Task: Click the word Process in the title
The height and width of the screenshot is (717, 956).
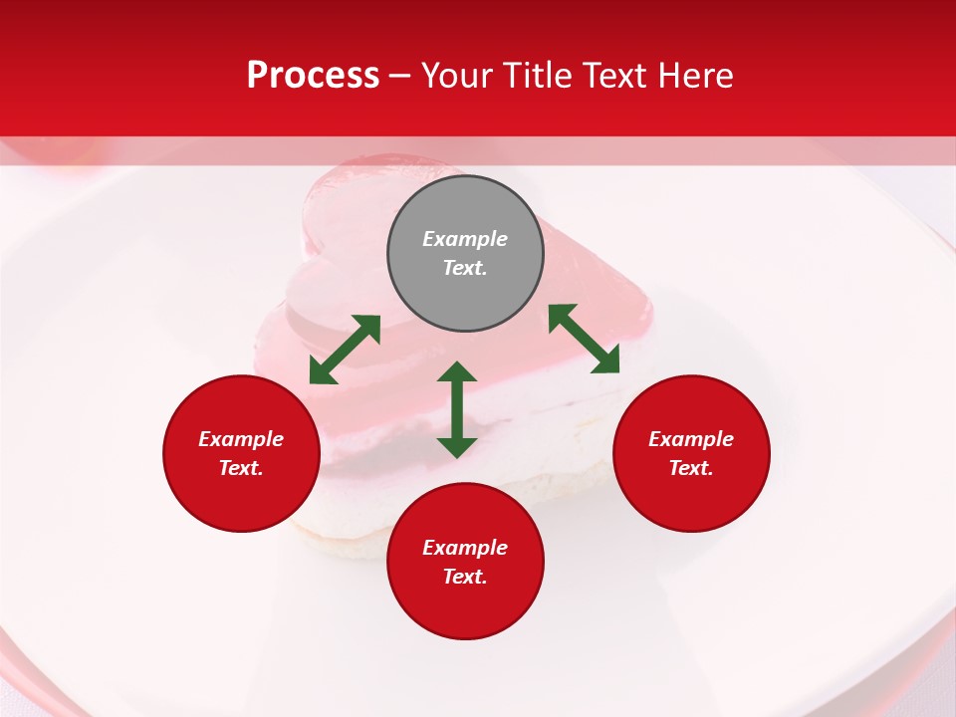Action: coord(313,76)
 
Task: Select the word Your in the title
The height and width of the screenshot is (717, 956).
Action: coord(457,76)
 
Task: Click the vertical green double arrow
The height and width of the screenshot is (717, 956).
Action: coord(457,409)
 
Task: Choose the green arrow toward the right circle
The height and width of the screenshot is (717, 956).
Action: coord(585,339)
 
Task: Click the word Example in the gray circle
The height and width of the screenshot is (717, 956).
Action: coord(465,239)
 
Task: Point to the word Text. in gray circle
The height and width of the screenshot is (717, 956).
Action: coord(465,268)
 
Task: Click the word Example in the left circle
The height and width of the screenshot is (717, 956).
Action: coord(241,439)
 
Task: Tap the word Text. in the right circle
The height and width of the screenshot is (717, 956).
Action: coord(691,468)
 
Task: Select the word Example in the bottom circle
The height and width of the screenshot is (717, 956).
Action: coord(465,548)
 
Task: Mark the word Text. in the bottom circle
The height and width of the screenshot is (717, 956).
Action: coord(465,577)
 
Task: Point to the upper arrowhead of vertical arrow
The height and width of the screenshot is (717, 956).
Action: coord(457,372)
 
